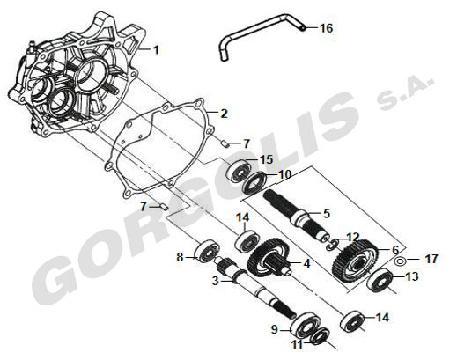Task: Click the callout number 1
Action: (x=156, y=49)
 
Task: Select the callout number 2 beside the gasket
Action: (x=224, y=114)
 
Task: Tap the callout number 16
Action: (x=326, y=28)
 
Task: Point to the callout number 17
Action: (x=431, y=259)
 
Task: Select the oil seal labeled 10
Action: (x=255, y=184)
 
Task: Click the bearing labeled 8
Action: (x=207, y=252)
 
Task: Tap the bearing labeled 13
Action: (x=380, y=280)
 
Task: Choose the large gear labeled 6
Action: (x=354, y=261)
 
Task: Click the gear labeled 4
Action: (x=269, y=257)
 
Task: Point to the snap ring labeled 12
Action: (x=332, y=245)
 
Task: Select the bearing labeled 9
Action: (x=304, y=325)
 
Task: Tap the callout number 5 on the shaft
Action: (x=327, y=214)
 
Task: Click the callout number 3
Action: (x=216, y=282)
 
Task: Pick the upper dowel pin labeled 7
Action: (x=225, y=143)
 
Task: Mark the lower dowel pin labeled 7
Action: (x=164, y=206)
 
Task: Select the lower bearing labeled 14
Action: (x=352, y=321)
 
